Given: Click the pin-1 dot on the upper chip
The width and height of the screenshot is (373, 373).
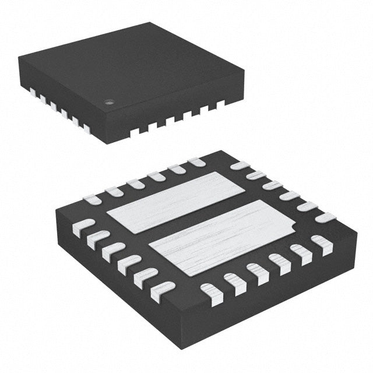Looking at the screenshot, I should click(108, 103).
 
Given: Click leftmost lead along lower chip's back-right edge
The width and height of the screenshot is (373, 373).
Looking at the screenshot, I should click(239, 166).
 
